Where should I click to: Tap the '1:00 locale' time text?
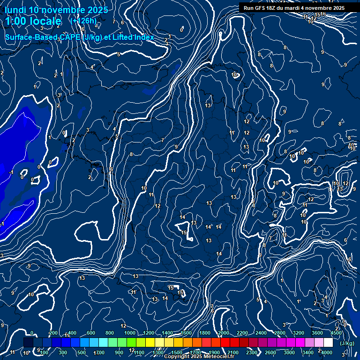[x=33, y=21]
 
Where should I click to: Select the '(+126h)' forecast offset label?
[x=83, y=21]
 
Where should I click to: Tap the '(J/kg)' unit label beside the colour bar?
[x=347, y=343]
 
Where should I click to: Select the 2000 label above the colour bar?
[x=224, y=333]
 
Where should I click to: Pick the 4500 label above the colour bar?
[x=336, y=333]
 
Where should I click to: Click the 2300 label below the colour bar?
[x=252, y=352]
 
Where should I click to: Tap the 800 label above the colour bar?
[x=110, y=333]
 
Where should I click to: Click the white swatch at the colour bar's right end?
[x=328, y=343]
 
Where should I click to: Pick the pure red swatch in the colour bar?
[x=225, y=343]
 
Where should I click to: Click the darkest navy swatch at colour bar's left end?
[x=28, y=343]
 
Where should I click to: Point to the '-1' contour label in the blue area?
[x=11, y=172]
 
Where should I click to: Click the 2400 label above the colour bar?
[x=261, y=333]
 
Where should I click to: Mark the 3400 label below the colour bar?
[x=308, y=352]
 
